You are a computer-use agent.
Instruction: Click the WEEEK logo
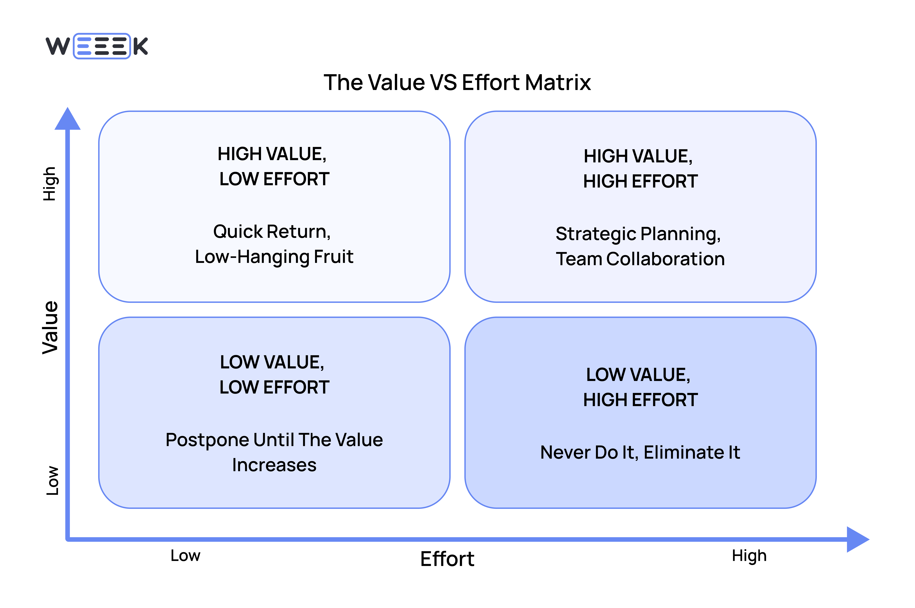97,46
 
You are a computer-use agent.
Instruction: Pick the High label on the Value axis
50,184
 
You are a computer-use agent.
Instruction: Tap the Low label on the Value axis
52,480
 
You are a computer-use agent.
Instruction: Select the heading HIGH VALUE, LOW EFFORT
274,166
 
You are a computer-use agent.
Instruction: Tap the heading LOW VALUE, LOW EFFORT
274,375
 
